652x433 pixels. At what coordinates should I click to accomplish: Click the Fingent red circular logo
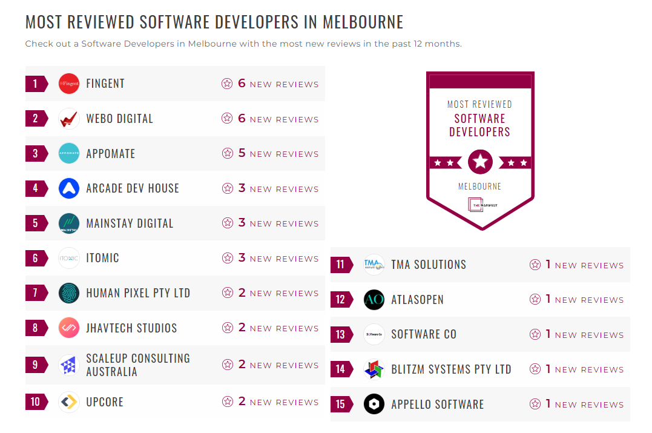pos(69,84)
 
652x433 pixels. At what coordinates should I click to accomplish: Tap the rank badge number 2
pos(36,119)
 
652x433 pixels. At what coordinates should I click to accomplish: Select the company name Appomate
pos(111,154)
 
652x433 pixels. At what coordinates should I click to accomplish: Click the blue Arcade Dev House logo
pos(69,188)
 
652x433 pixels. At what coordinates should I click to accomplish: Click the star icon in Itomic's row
pos(228,258)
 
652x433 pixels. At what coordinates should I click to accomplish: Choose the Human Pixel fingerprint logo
pos(69,293)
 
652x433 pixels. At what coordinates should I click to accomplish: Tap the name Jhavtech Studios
pos(131,328)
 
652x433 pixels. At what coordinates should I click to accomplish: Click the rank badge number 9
pos(36,365)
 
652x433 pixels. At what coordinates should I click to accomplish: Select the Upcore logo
pos(69,402)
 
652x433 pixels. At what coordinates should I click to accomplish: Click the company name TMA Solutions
pos(429,265)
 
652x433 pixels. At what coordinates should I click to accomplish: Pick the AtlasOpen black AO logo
pos(374,300)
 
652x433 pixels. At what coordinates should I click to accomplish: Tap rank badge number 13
pos(341,334)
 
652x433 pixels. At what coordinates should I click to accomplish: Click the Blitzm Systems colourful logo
pos(374,369)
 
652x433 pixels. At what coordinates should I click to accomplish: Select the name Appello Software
pos(437,405)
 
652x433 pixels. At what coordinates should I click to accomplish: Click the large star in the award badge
pos(480,162)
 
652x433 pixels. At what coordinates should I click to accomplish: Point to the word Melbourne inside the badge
pos(479,187)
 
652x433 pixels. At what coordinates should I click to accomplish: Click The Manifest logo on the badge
pos(479,205)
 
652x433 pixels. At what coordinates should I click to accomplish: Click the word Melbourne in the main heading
pos(363,22)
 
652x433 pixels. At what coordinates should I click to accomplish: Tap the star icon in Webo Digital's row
pos(228,119)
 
